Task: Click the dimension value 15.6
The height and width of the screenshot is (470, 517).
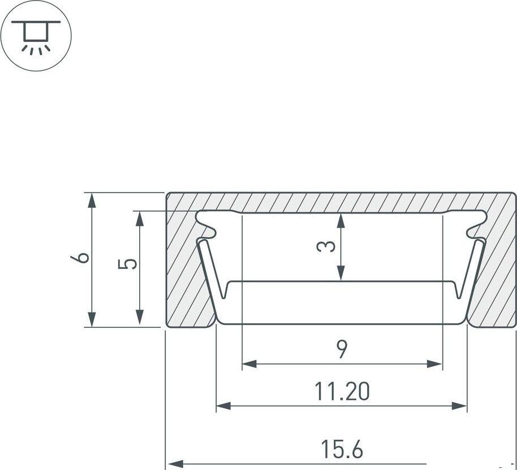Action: tap(342, 449)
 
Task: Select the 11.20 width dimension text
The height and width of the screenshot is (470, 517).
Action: tap(342, 391)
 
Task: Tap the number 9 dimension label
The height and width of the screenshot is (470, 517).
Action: tap(342, 349)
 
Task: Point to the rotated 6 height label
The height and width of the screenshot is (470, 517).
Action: tap(80, 258)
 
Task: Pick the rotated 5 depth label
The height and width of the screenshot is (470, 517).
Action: tap(127, 264)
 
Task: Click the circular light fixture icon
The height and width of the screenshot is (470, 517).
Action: tap(36, 35)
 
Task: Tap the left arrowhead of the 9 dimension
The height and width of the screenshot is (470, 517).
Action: tap(249, 364)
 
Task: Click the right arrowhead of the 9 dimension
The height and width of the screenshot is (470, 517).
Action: tap(434, 364)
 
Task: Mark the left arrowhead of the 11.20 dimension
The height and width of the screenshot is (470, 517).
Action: tap(223, 405)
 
